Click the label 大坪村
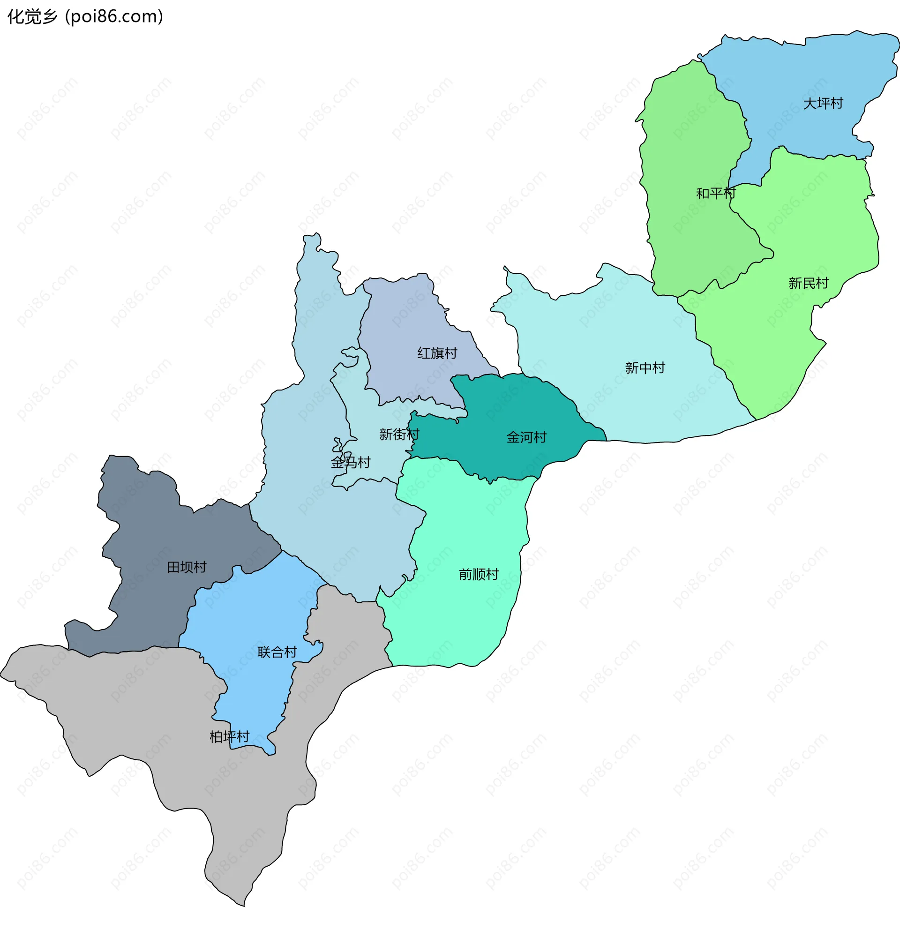point(823,103)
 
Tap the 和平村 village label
point(715,193)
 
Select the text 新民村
point(808,283)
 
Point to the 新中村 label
point(645,367)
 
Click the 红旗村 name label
point(437,353)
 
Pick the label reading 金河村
point(526,437)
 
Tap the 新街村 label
point(399,434)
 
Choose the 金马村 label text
point(350,462)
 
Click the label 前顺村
point(479,574)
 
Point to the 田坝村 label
point(187,567)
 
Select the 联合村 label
point(277,652)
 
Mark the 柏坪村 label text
point(229,737)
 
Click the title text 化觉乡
point(32,17)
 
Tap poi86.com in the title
point(115,17)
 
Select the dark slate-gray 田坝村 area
point(148,526)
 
